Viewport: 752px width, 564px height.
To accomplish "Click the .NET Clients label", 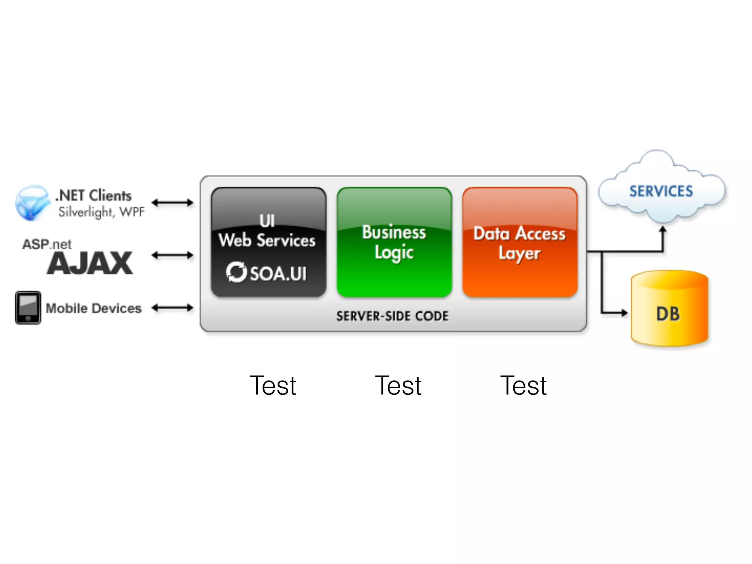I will (x=94, y=196).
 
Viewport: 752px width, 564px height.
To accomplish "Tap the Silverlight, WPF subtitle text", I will (x=101, y=212).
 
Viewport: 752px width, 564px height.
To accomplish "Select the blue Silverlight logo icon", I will (x=32, y=203).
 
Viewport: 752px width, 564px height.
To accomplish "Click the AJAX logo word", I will (x=90, y=263).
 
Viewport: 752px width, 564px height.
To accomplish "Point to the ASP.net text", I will (x=47, y=244).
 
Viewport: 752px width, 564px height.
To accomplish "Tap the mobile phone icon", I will (x=28, y=308).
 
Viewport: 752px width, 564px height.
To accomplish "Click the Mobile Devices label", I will (x=94, y=308).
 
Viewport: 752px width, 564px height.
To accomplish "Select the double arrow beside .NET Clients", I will (x=172, y=202).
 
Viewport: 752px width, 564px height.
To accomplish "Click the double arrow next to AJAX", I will (x=172, y=255).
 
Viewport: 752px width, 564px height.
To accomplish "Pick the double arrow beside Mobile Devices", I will (x=172, y=308).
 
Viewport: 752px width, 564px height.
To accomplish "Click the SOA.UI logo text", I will (x=278, y=274).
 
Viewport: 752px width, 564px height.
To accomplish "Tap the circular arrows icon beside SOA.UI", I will (x=236, y=272).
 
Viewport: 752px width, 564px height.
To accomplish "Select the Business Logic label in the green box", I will (x=394, y=242).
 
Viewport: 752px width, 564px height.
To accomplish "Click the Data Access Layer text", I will (x=519, y=243).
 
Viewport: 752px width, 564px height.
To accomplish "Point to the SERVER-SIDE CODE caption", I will (x=393, y=316).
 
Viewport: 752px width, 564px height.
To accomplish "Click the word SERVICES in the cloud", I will (x=661, y=191).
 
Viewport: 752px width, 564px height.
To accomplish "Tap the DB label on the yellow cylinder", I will (x=668, y=314).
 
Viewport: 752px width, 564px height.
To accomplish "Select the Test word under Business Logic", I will (x=398, y=386).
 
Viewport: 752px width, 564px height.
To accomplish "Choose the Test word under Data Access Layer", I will (x=524, y=386).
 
